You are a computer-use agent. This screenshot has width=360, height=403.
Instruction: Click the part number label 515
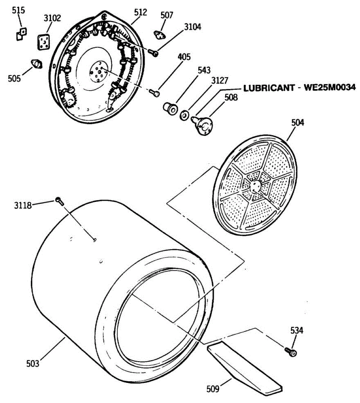pyautogui.click(x=18, y=10)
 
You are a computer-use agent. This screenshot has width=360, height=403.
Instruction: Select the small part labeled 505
pyautogui.click(x=36, y=63)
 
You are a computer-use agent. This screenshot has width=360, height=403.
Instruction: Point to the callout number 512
pyautogui.click(x=141, y=12)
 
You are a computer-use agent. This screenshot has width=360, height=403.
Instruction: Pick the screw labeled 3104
pyautogui.click(x=154, y=52)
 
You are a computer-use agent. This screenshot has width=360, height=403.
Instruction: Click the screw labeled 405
pyautogui.click(x=155, y=93)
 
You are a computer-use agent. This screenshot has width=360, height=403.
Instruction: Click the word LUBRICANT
pyautogui.click(x=269, y=88)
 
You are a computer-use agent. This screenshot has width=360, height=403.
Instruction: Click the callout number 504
pyautogui.click(x=297, y=123)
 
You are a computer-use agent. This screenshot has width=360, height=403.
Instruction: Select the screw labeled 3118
pyautogui.click(x=59, y=201)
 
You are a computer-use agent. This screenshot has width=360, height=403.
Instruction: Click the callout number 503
pyautogui.click(x=33, y=363)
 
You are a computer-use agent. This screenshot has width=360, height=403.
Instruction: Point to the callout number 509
pyautogui.click(x=212, y=389)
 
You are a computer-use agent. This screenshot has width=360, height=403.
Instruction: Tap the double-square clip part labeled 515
pyautogui.click(x=22, y=34)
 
